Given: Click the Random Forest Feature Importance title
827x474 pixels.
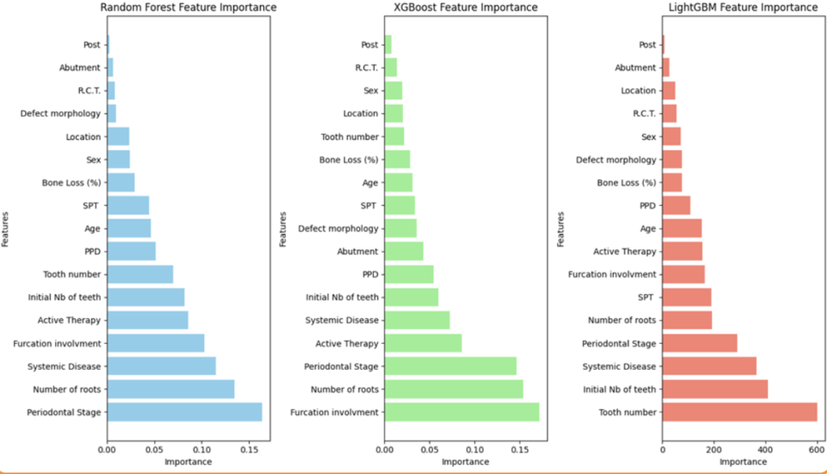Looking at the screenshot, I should (x=187, y=7).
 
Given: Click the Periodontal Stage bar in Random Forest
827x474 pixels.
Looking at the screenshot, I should (x=184, y=412).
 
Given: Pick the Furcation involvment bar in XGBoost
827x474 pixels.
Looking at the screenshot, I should (x=461, y=412).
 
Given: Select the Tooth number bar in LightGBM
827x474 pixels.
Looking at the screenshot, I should (x=739, y=412).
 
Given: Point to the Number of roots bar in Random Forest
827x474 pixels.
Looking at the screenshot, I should (x=170, y=389).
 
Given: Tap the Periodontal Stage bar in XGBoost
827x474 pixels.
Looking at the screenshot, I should (x=450, y=366).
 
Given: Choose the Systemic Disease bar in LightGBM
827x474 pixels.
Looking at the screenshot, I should (x=709, y=366).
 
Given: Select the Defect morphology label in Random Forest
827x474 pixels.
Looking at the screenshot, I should (x=61, y=114).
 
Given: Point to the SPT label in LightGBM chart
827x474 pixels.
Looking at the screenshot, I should (x=646, y=297).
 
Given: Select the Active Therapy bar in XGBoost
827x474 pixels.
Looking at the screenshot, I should (x=422, y=343).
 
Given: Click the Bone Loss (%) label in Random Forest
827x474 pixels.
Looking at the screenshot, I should (x=72, y=182).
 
